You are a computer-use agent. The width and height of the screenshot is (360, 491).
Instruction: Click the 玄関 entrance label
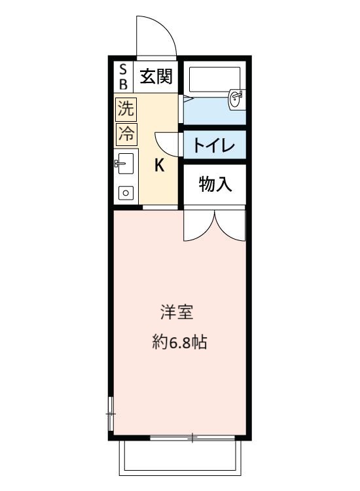tap(156, 77)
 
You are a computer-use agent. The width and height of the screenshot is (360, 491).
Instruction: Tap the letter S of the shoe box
tap(122, 69)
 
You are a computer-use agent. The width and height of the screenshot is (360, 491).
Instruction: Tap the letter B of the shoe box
tap(122, 84)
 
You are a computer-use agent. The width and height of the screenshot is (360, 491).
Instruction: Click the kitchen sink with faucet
tap(124, 163)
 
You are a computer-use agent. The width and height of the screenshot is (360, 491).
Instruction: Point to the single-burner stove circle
tap(125, 192)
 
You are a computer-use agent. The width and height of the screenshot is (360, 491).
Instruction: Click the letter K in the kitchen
tap(159, 166)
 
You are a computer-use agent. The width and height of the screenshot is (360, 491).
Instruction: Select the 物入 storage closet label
tap(215, 185)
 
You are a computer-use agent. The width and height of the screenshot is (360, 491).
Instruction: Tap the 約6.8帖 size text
tap(179, 342)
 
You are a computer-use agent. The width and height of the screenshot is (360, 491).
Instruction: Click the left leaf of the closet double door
tap(198, 225)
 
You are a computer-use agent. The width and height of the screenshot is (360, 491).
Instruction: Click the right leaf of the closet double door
tap(230, 225)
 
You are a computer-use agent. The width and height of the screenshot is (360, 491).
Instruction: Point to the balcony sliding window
tap(193, 437)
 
